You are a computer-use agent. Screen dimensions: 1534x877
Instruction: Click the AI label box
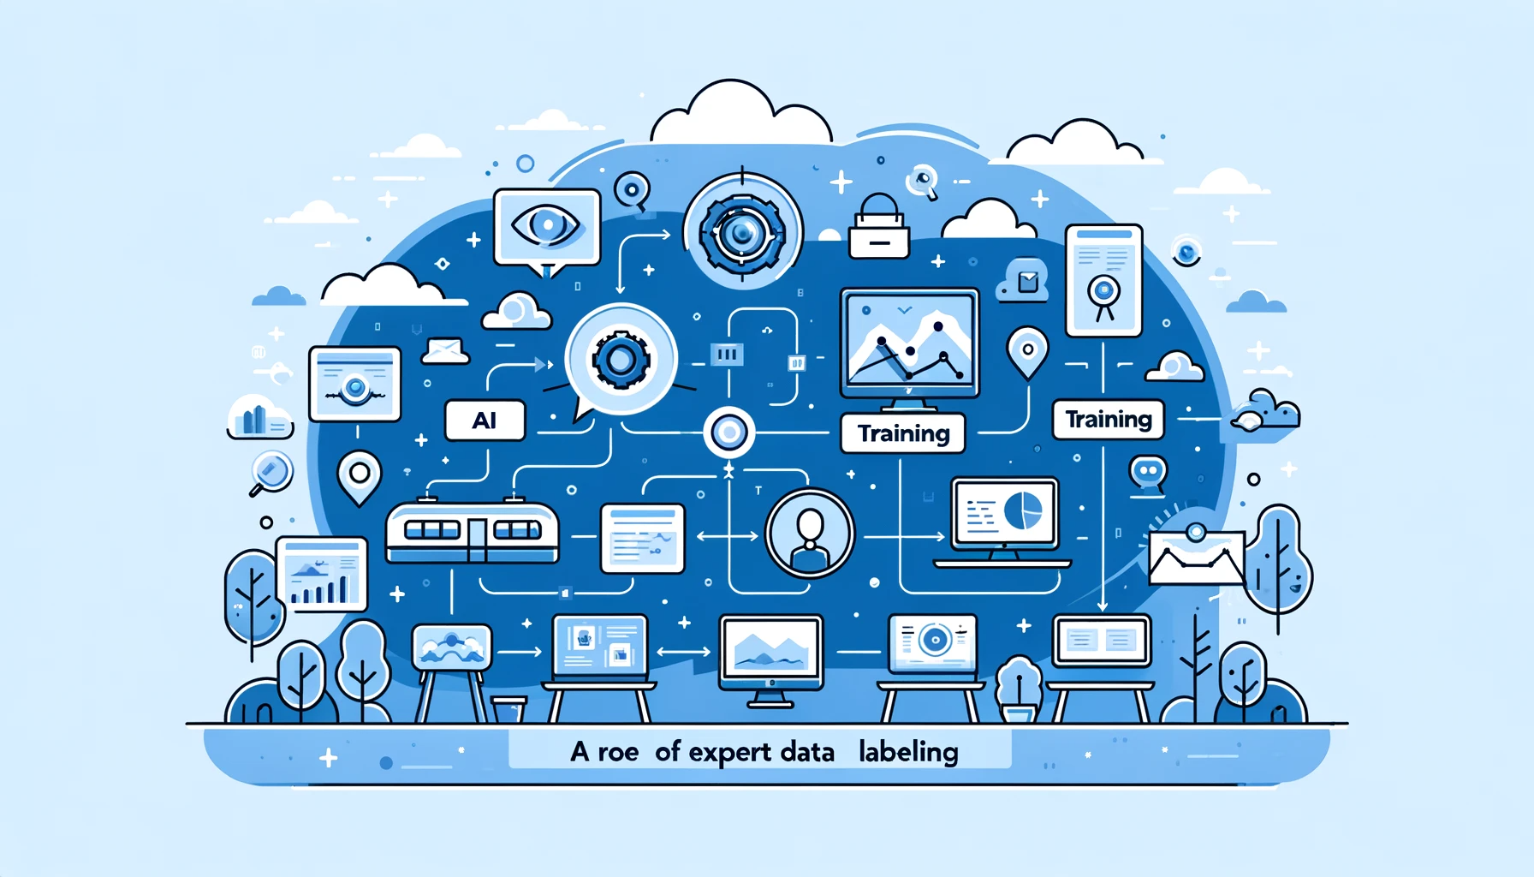pos(485,421)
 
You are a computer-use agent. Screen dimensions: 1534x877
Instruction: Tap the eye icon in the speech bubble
pos(546,226)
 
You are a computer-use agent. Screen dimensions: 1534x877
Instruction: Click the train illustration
pos(472,532)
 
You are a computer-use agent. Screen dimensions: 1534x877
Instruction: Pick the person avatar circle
pos(809,533)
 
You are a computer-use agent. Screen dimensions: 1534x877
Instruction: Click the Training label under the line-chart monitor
pos(903,433)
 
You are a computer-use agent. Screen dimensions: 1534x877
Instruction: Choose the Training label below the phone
pos(1108,420)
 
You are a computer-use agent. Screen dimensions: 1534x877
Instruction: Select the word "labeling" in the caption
pos(908,752)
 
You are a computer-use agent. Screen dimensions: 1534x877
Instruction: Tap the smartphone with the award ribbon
pos(1103,281)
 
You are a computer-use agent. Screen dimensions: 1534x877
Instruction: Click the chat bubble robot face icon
pos(1147,474)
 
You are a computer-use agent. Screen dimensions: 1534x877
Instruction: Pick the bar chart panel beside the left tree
pos(321,573)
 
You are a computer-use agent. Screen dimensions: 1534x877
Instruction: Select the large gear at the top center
pos(741,232)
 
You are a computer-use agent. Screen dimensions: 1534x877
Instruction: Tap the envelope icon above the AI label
pos(445,350)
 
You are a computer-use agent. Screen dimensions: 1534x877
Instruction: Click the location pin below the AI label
pos(360,476)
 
